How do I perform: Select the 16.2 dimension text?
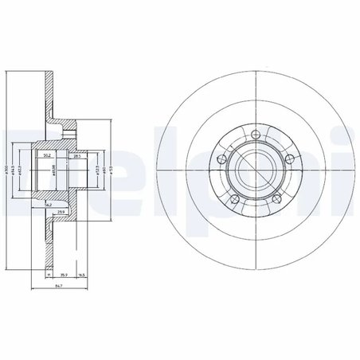tap(50, 204)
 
